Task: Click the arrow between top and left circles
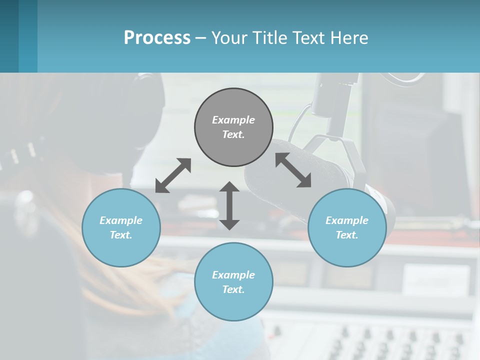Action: pyautogui.click(x=173, y=175)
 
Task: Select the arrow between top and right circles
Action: pyautogui.click(x=293, y=170)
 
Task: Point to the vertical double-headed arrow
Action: pyautogui.click(x=229, y=206)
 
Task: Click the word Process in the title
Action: pyautogui.click(x=157, y=37)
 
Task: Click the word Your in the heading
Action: pyautogui.click(x=229, y=37)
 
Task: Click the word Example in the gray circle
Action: pyautogui.click(x=233, y=120)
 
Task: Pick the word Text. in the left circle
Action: pyautogui.click(x=121, y=235)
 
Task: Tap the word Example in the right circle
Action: pyautogui.click(x=346, y=220)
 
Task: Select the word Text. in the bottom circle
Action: pyautogui.click(x=233, y=289)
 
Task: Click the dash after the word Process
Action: pyautogui.click(x=200, y=37)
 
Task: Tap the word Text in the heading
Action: pyautogui.click(x=308, y=37)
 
